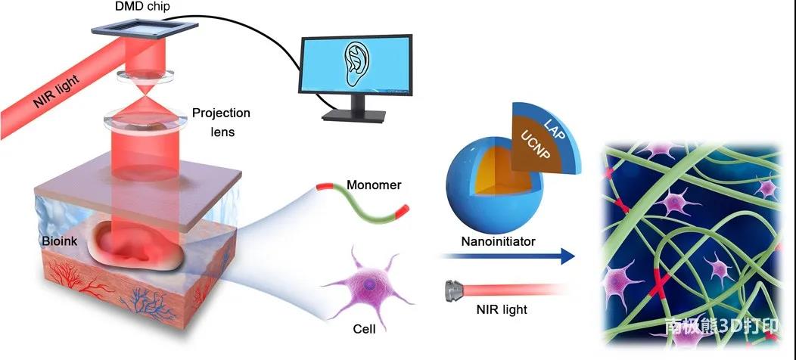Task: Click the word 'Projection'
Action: pyautogui.click(x=221, y=113)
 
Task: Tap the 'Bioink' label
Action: pyautogui.click(x=61, y=241)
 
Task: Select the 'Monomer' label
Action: pyautogui.click(x=374, y=185)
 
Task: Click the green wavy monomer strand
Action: pyautogui.click(x=362, y=204)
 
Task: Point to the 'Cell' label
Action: pyautogui.click(x=364, y=329)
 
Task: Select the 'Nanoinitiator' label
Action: pyautogui.click(x=498, y=241)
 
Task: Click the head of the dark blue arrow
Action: pyautogui.click(x=567, y=256)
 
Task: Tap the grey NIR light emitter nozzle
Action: pyautogui.click(x=453, y=290)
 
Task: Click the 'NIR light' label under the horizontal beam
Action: pyautogui.click(x=502, y=309)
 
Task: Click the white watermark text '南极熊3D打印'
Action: pyautogui.click(x=721, y=326)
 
